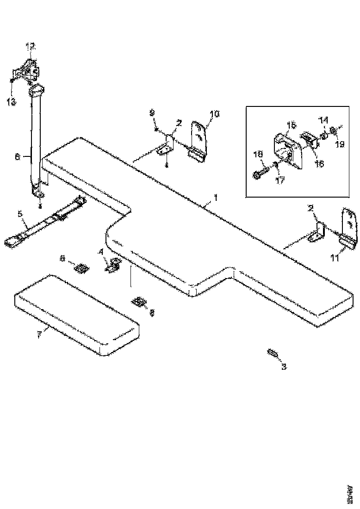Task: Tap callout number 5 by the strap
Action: [x=20, y=214]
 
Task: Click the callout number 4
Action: [x=100, y=253]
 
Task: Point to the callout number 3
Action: [x=284, y=367]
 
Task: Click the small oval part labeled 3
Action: [x=272, y=354]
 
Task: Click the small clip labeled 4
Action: [x=113, y=266]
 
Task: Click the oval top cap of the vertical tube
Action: [x=37, y=88]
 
